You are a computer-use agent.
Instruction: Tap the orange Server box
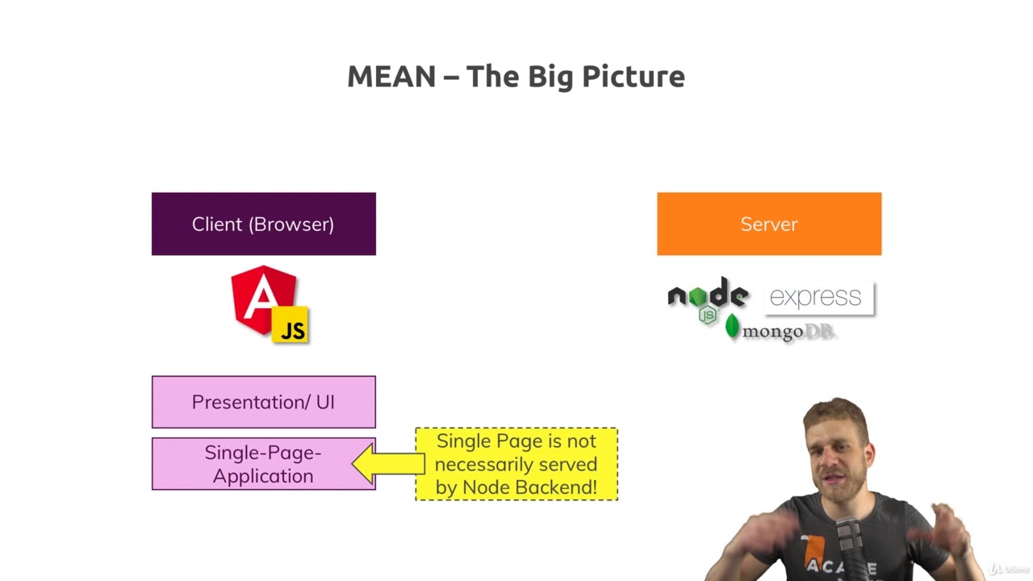pyautogui.click(x=768, y=224)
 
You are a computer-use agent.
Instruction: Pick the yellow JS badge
pyautogui.click(x=291, y=325)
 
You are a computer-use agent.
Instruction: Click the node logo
pyautogui.click(x=708, y=296)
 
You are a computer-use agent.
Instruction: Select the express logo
pyautogui.click(x=817, y=297)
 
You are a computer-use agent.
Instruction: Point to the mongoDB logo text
pyautogui.click(x=787, y=332)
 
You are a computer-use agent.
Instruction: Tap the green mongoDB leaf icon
pyautogui.click(x=732, y=327)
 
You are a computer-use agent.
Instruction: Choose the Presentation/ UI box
pyautogui.click(x=263, y=402)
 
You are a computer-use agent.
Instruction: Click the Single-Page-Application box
pyautogui.click(x=263, y=464)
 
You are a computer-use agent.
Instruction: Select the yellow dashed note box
pyautogui.click(x=516, y=464)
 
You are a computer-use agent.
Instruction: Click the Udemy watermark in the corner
pyautogui.click(x=1006, y=569)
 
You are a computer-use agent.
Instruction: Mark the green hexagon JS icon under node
pyautogui.click(x=708, y=315)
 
